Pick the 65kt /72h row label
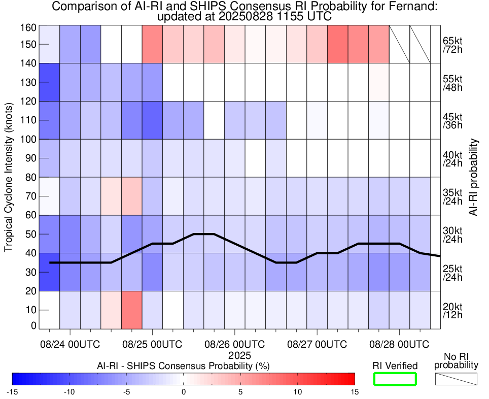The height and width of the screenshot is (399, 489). [452, 45]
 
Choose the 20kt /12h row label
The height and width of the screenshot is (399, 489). [452, 311]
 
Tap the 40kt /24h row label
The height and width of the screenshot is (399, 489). [452, 158]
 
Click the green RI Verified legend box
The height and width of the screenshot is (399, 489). [395, 379]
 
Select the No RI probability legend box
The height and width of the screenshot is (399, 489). [456, 379]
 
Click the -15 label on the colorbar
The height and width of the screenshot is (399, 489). [13, 391]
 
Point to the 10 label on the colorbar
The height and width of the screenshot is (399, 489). [298, 391]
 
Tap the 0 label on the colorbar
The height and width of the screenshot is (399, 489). [184, 391]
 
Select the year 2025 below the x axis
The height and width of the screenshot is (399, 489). [234, 355]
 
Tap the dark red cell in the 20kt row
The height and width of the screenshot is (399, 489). [132, 310]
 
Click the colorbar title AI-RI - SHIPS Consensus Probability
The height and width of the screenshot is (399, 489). [183, 365]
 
